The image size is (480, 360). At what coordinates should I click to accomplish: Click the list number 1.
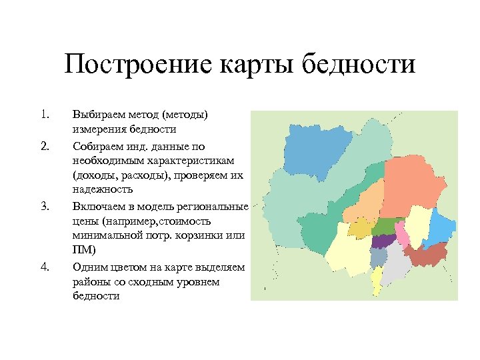[45, 115]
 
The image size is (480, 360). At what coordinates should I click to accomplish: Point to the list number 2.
[45, 146]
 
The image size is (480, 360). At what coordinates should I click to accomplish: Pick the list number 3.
[45, 207]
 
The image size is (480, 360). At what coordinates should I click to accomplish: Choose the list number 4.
[45, 267]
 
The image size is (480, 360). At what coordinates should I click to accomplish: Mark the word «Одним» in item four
[89, 267]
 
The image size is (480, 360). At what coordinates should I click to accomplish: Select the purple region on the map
[383, 241]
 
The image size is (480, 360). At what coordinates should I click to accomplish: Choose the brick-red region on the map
[425, 255]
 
